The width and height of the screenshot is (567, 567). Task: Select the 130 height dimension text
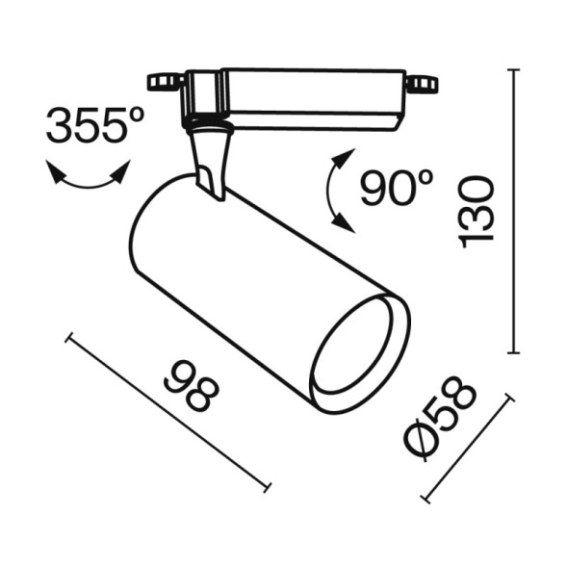click(477, 211)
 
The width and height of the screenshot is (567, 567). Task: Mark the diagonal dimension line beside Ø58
click(468, 449)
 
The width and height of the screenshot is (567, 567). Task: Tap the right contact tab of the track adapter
click(421, 85)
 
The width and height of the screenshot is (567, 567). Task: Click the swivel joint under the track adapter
click(207, 123)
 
